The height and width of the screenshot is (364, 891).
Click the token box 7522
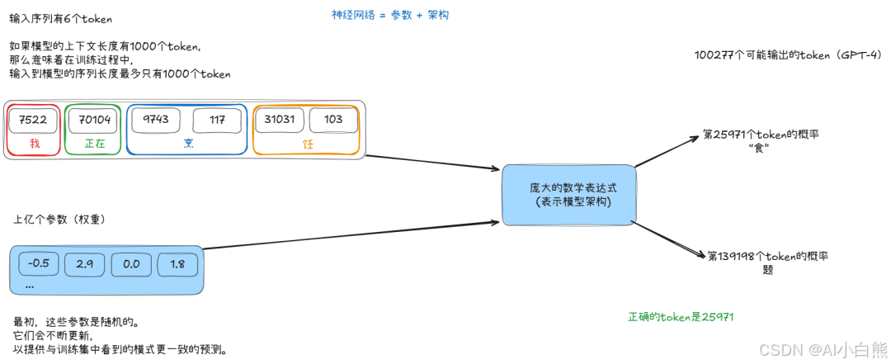[x=33, y=120]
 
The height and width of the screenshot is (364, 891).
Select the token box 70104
[x=95, y=120]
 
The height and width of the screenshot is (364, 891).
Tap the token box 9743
[x=155, y=120]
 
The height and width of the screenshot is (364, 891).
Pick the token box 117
[x=218, y=120]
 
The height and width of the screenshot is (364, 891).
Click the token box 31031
[x=280, y=120]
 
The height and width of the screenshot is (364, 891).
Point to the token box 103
[x=333, y=120]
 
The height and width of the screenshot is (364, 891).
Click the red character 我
[x=35, y=144]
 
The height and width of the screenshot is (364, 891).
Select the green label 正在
[x=95, y=144]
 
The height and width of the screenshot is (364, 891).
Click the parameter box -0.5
[x=39, y=263]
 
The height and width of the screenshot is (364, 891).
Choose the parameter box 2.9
[x=85, y=263]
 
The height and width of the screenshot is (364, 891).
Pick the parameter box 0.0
[x=131, y=263]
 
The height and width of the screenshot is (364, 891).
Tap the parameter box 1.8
[x=177, y=263]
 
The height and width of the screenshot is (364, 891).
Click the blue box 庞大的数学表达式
[x=572, y=195]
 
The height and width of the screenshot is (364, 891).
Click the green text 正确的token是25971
[x=681, y=317]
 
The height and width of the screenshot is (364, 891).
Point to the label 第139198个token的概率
[x=766, y=257]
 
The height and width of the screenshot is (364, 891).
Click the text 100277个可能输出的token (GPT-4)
[x=788, y=55]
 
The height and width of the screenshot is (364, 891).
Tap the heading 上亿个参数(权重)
[x=57, y=220]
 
